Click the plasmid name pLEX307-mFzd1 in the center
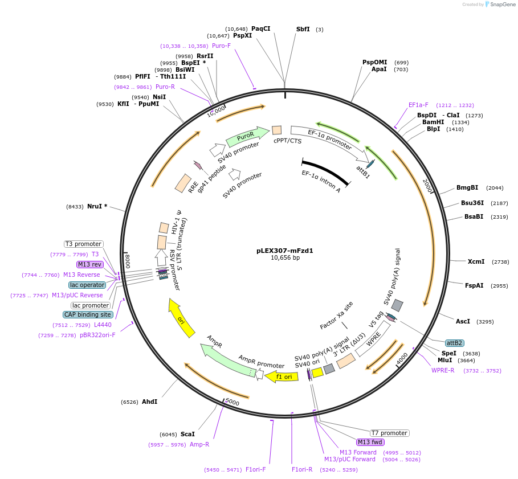coord(285,250)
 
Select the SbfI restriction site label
coord(303,29)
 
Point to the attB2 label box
coord(454,343)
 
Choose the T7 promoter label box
coord(389,433)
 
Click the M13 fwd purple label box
coord(370,442)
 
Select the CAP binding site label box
coord(88,314)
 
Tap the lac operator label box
coord(87,285)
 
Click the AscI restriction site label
coord(463,321)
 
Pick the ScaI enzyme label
coord(187,433)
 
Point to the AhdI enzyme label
coord(149,402)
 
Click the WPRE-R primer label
coord(443,370)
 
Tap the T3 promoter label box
coord(83,244)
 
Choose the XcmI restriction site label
coord(476,261)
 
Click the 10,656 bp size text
coord(285,258)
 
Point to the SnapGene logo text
coord(501,5)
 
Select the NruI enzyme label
coord(97,206)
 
